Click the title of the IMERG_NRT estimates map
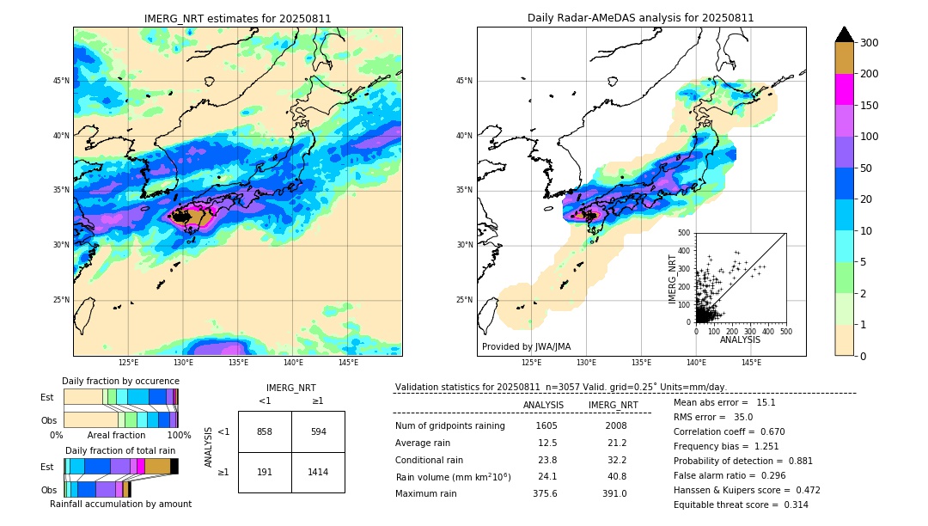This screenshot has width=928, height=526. coord(237,18)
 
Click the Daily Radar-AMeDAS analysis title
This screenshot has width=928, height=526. coord(640,18)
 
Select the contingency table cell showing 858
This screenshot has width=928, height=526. coord(265,431)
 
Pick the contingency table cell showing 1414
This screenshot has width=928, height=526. coord(318,472)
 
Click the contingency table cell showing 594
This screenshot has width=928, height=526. coord(318,431)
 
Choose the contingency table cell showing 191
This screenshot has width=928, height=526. coord(265,472)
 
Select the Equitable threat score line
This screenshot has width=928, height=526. coord(741,505)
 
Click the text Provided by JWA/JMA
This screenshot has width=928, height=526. coord(526,347)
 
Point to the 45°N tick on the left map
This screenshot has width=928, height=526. coord(61,81)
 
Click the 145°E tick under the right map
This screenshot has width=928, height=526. coord(751,363)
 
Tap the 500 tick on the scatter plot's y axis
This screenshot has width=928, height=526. coord(685,233)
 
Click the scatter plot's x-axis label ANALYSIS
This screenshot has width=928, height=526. coord(740,340)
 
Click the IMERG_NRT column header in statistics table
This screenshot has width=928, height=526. coord(613,405)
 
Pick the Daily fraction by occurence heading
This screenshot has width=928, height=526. coord(120,381)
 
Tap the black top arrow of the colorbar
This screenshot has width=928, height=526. coord(845,34)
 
